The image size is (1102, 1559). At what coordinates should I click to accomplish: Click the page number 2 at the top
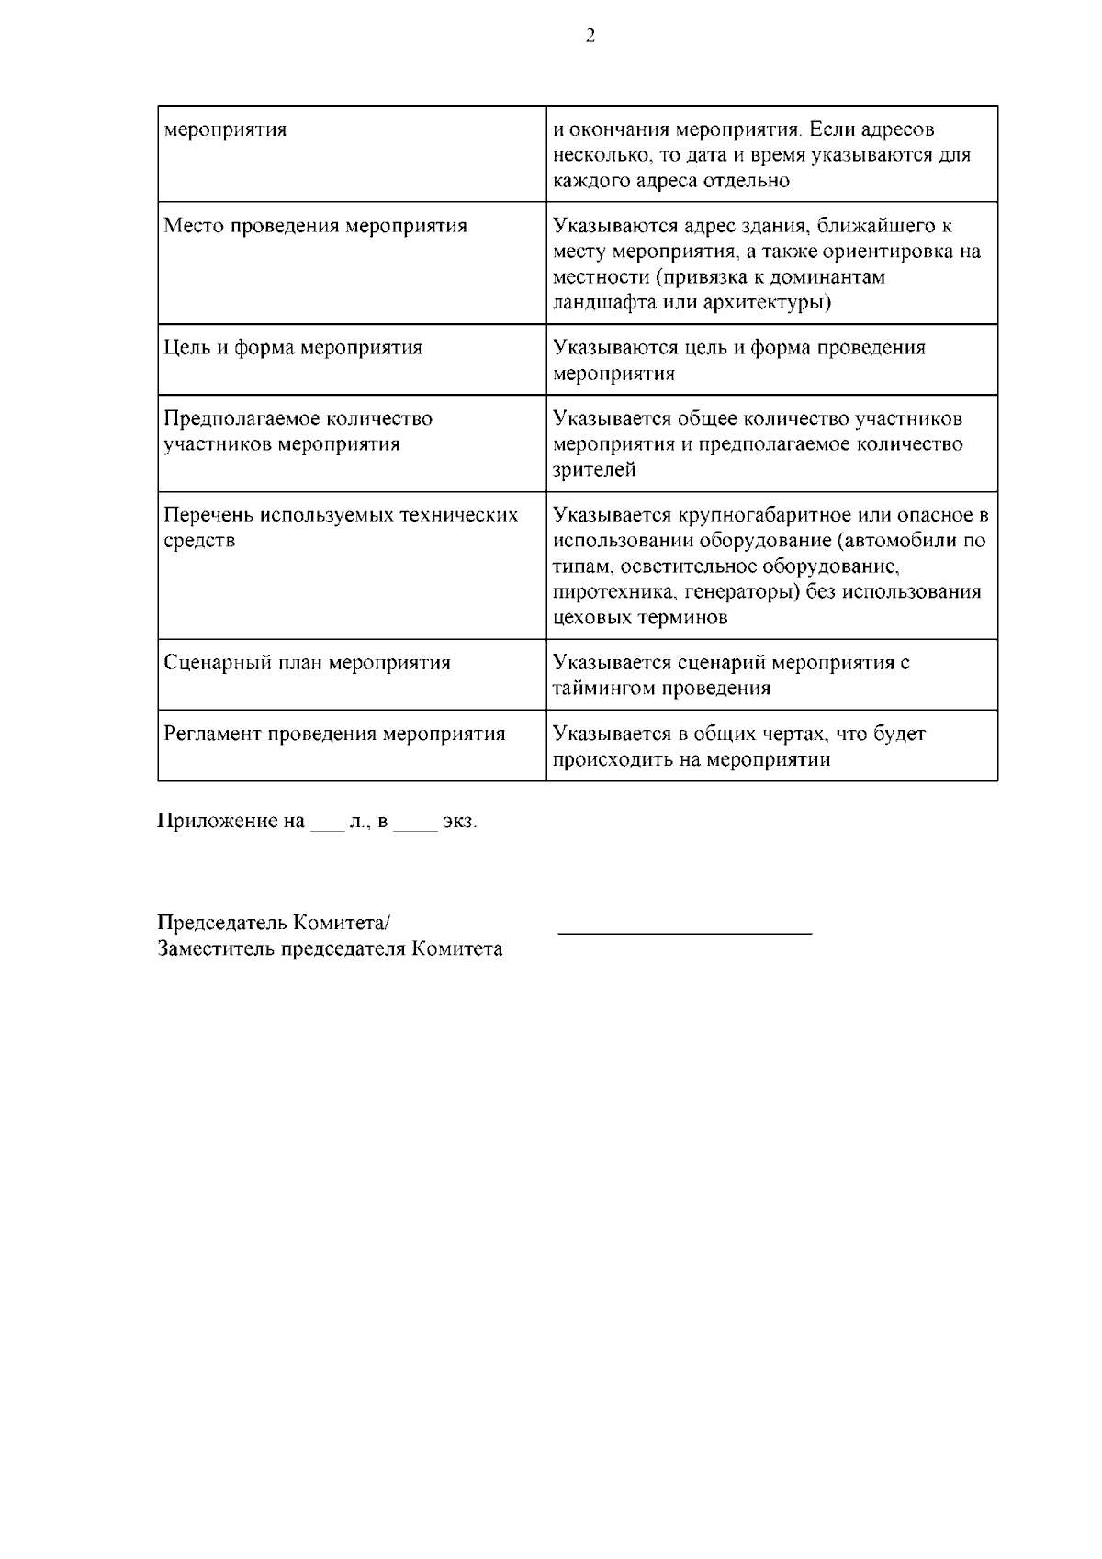tap(590, 37)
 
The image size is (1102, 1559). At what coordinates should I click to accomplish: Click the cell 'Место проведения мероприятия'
tap(315, 226)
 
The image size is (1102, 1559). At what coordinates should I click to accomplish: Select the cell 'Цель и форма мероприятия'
tap(293, 348)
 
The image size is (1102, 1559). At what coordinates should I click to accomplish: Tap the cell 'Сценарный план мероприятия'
tap(307, 663)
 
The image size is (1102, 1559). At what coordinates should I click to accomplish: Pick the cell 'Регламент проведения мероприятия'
tap(334, 734)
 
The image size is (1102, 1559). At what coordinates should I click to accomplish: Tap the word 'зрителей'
tap(594, 470)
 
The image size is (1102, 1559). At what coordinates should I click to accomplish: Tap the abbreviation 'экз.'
tap(460, 821)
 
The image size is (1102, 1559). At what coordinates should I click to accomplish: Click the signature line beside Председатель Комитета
tap(685, 932)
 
